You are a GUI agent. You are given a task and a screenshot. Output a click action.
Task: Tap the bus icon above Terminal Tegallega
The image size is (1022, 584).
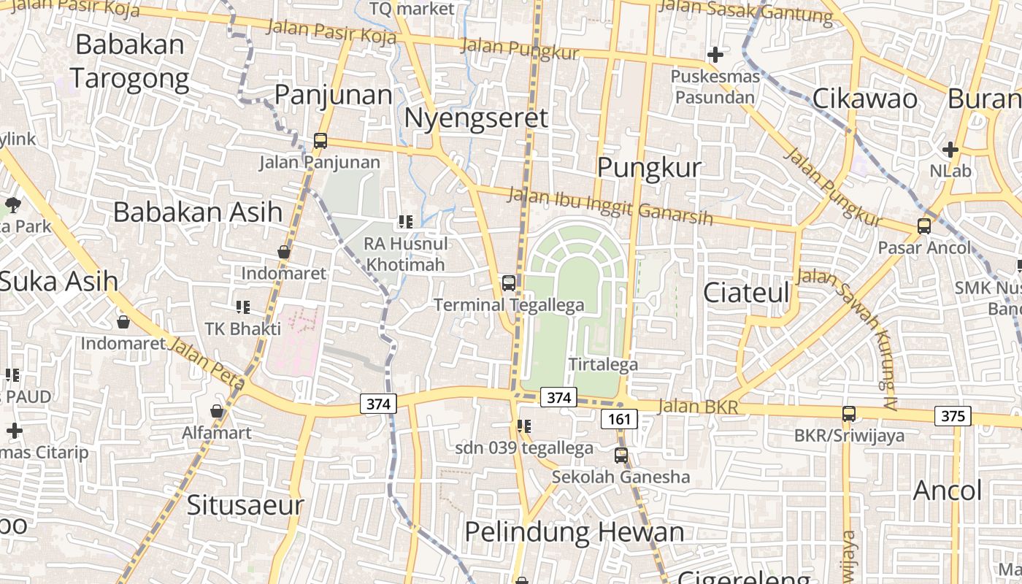coord(509,283)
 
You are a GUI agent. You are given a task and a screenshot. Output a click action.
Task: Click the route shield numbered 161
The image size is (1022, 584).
coord(619,419)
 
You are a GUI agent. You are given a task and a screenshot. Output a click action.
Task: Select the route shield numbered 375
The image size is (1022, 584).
coord(953,416)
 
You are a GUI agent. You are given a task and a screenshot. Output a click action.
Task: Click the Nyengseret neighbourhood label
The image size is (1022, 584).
coord(475,118)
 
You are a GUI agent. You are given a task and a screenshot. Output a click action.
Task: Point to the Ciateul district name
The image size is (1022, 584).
coord(746,293)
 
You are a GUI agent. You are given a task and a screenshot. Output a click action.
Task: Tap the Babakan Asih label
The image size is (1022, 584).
coord(197,212)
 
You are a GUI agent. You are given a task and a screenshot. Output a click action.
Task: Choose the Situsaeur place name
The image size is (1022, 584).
coord(245,504)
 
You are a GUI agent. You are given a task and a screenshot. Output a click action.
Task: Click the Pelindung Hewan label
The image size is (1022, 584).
coord(575,532)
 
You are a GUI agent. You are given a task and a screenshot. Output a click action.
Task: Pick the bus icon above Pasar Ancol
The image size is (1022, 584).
coord(924,226)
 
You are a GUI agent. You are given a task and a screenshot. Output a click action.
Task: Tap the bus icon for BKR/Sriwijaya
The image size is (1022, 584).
coord(849,413)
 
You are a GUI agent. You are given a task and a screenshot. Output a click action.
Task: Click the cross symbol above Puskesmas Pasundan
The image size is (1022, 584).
coord(715,55)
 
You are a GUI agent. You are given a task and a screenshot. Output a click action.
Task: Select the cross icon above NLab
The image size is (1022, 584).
coord(950,150)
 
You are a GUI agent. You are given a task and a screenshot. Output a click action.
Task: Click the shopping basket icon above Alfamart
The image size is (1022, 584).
coord(217,411)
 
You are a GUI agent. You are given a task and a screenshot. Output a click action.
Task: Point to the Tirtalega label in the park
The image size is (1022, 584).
coord(603,364)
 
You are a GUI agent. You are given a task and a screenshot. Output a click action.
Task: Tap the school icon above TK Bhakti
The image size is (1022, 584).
coord(242,307)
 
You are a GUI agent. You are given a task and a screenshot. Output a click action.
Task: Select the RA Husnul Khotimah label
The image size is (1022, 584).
coord(406,253)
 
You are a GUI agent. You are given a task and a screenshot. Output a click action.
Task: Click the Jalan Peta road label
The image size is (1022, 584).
coord(207,363)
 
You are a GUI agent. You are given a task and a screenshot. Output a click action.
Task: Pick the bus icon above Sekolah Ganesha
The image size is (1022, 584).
coord(620,456)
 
